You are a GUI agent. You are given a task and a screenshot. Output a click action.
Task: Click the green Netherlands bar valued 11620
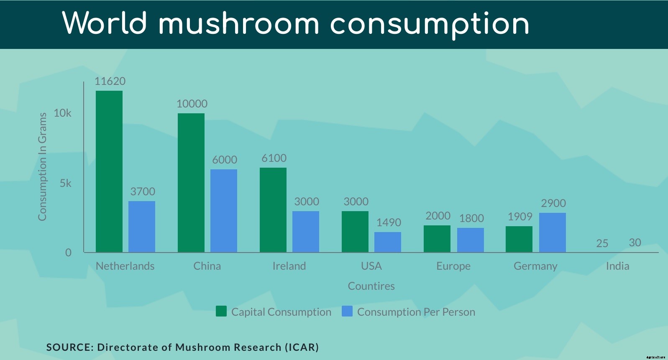tap(109, 171)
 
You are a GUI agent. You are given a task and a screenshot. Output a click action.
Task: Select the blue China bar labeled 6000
tap(224, 211)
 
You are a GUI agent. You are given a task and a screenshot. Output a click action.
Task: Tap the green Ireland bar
tap(273, 210)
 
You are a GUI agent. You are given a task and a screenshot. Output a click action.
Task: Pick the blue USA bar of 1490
tap(388, 242)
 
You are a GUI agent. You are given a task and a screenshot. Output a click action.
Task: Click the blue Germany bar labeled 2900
tap(552, 232)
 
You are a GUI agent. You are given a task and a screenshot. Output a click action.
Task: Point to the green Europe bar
tap(437, 239)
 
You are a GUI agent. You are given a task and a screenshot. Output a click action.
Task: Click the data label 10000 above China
tap(192, 104)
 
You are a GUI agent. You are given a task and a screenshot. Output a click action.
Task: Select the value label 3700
tap(143, 191)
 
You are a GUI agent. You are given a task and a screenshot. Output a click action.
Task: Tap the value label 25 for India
tap(602, 243)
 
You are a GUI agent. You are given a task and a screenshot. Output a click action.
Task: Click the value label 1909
tap(520, 217)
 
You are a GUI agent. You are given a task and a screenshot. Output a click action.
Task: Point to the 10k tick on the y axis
tap(63, 113)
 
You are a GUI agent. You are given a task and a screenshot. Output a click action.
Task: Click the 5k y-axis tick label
tap(66, 183)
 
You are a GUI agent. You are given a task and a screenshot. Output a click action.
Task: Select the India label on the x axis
tap(617, 266)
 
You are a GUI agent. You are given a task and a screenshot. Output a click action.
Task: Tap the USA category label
tap(371, 266)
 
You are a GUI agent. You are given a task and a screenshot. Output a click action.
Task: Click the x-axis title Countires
tap(371, 286)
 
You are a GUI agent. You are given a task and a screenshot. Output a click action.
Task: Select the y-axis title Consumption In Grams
tap(42, 166)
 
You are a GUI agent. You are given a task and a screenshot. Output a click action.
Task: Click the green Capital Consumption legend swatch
tap(221, 311)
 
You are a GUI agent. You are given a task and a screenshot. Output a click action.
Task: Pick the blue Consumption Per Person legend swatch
tap(347, 311)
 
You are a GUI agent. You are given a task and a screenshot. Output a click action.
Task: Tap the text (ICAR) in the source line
tap(302, 347)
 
